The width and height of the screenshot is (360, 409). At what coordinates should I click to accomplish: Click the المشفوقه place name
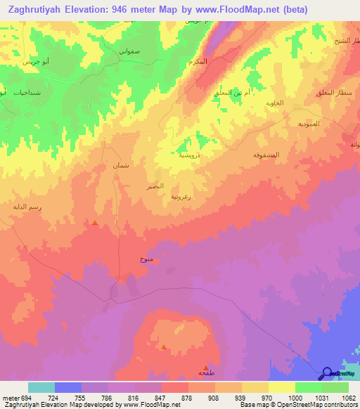[266, 154]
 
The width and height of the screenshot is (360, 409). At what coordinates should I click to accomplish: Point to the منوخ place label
[146, 260]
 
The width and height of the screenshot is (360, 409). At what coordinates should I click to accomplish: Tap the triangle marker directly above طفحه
[205, 367]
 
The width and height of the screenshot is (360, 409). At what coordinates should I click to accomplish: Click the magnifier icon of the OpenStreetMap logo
[327, 374]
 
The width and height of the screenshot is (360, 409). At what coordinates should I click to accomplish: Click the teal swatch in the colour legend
[41, 387]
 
